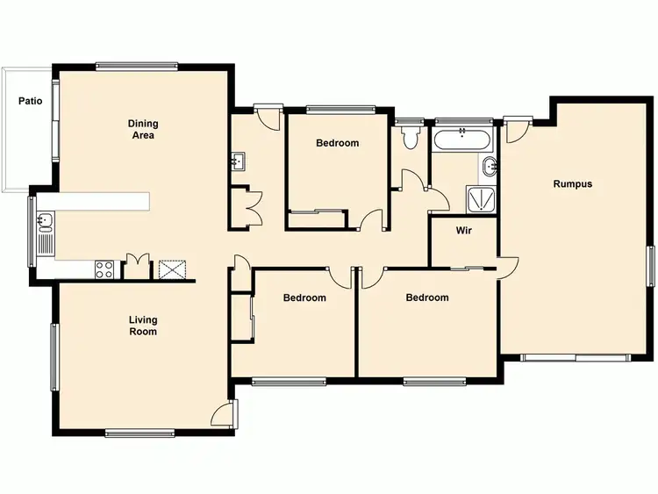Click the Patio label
(x=31, y=101)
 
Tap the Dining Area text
(x=142, y=130)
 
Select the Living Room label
(x=143, y=326)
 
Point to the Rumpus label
(x=572, y=184)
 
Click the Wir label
(x=464, y=232)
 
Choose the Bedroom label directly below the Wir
(x=427, y=297)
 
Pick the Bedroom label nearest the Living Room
(x=304, y=297)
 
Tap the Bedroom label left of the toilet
(x=338, y=143)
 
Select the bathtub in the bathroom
(x=462, y=139)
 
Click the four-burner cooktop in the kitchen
(x=104, y=269)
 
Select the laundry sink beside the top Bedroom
(x=239, y=162)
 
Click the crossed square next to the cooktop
(x=170, y=269)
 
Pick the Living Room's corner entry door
(x=225, y=414)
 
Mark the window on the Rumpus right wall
(x=651, y=266)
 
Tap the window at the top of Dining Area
(x=138, y=65)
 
